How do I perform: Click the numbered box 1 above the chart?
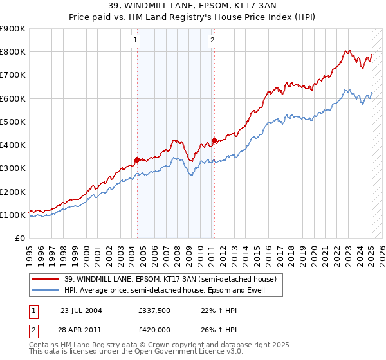(136, 40)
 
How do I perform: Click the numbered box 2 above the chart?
(212, 40)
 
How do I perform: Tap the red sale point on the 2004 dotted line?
(138, 159)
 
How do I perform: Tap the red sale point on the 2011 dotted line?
(214, 140)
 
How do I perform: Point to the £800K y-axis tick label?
(13, 52)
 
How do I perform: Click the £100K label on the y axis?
(13, 215)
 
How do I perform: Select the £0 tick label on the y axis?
(19, 239)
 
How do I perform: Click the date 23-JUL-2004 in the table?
(81, 310)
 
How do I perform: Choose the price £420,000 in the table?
(154, 329)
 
